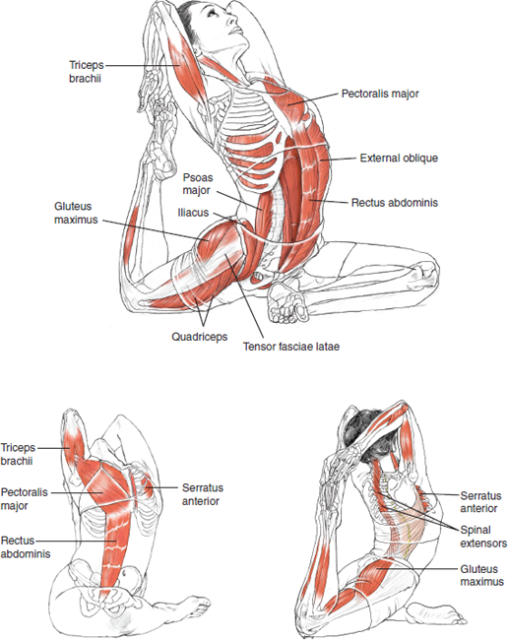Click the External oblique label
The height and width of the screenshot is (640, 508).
pos(399,158)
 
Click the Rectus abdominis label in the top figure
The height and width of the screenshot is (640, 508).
pos(395,204)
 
